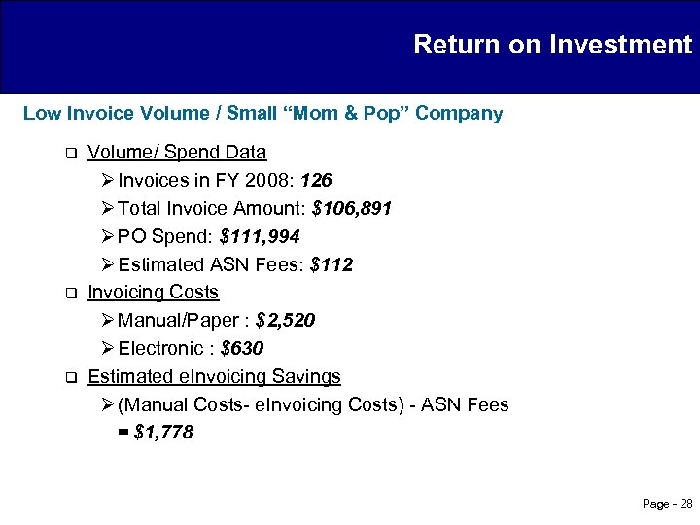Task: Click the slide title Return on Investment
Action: (552, 45)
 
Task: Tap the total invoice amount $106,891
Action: (352, 209)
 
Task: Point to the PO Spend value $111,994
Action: (261, 236)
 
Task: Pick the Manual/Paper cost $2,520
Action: (285, 320)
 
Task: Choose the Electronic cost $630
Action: (242, 348)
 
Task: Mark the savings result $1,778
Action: (162, 433)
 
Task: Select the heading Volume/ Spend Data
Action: (177, 153)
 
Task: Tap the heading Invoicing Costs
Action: (153, 292)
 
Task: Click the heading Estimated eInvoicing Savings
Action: (214, 376)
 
